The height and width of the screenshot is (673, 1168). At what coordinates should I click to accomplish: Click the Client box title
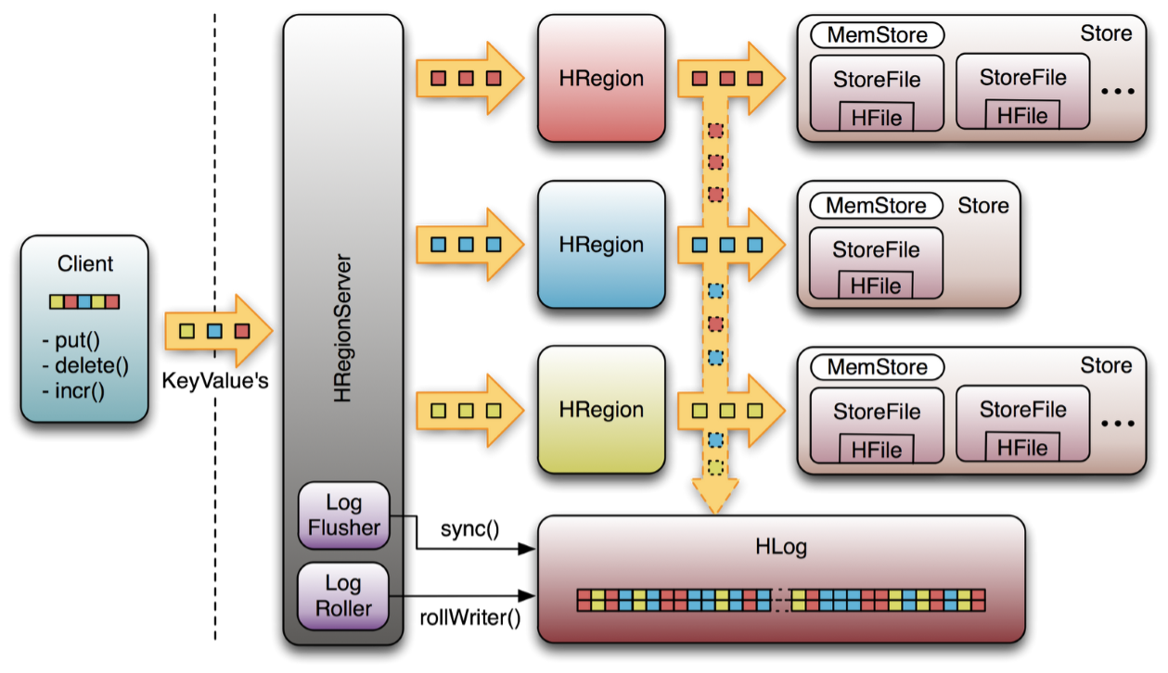[x=85, y=264]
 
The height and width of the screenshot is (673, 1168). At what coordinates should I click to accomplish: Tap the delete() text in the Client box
[x=86, y=364]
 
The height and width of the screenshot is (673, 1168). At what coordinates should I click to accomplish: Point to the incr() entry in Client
[x=75, y=389]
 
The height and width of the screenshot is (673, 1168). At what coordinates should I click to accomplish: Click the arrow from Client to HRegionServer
[x=217, y=331]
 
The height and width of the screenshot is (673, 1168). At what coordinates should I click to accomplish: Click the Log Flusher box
[x=343, y=515]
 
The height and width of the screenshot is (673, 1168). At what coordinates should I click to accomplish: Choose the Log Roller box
[x=343, y=596]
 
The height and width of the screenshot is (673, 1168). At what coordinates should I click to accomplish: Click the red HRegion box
[x=601, y=79]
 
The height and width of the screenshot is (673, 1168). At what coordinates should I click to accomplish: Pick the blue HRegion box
[x=601, y=245]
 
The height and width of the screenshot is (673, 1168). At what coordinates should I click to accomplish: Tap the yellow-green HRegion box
[x=601, y=410]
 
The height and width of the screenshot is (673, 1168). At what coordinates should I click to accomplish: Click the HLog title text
[x=781, y=547]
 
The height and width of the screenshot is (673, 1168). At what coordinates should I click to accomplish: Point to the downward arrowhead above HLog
[x=715, y=497]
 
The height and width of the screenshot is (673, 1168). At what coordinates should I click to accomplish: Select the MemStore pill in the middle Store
[x=876, y=206]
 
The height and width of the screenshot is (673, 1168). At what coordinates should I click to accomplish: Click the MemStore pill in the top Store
[x=877, y=36]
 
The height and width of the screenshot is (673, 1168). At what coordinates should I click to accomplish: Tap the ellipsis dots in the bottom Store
[x=1117, y=424]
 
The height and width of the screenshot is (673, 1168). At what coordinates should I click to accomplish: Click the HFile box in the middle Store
[x=876, y=286]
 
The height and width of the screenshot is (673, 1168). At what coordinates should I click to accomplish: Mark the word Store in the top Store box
[x=1106, y=33]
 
